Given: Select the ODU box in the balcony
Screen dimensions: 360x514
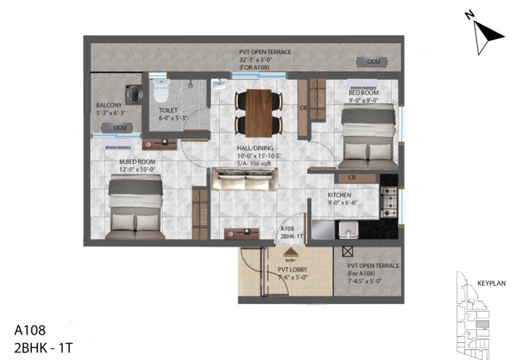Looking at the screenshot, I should [116, 128].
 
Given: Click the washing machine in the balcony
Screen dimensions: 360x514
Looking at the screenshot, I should [134, 94].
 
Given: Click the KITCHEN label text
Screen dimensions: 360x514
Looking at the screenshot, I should [340, 194].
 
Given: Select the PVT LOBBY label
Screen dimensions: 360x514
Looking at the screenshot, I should [292, 270].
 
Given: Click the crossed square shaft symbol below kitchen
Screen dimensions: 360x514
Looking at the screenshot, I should [347, 251].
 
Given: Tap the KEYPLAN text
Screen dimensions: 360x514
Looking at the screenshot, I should [492, 284].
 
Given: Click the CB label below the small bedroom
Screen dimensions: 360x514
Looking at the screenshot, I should [351, 177].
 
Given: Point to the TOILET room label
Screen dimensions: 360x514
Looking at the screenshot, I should [168, 111].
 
